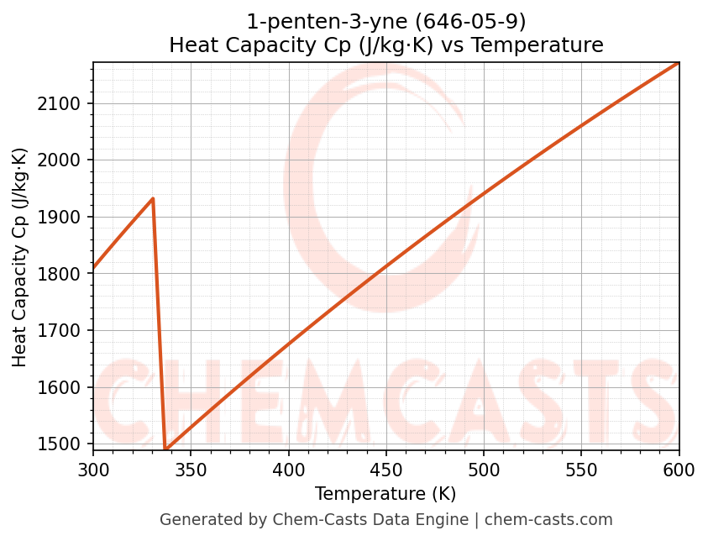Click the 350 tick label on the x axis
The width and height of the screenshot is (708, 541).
click(191, 469)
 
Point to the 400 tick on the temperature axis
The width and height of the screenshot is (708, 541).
click(289, 469)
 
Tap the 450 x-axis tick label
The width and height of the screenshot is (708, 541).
click(386, 469)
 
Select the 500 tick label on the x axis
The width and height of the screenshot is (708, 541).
click(484, 469)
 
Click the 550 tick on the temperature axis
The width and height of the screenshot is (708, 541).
click(581, 469)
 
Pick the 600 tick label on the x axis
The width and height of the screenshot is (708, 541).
click(679, 469)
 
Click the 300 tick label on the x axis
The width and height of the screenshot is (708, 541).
click(93, 469)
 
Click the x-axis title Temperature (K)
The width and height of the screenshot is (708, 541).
click(385, 494)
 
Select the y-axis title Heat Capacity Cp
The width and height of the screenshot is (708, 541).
click(20, 257)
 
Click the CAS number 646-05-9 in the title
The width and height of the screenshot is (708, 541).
click(457, 21)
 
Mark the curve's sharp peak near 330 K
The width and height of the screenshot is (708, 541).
click(153, 198)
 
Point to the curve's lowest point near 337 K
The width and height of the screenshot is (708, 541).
click(165, 449)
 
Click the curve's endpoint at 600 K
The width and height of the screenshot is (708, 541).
click(679, 62)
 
